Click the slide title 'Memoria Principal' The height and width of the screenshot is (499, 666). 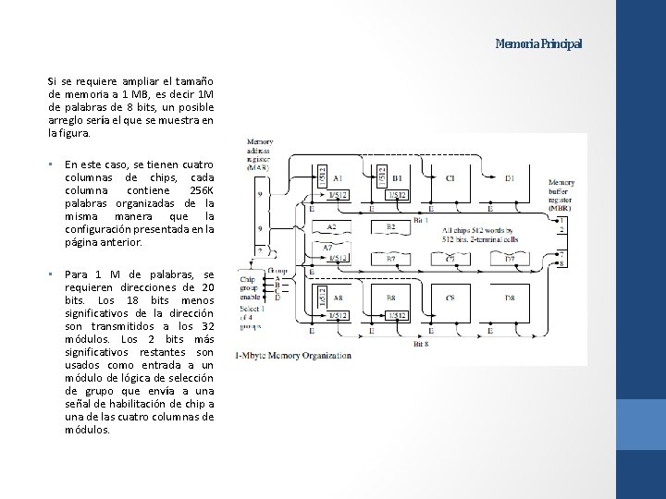(x=538, y=43)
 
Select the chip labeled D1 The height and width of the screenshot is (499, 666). (x=510, y=177)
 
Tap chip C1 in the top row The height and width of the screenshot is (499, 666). (x=450, y=177)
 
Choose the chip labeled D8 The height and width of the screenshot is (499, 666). (x=510, y=298)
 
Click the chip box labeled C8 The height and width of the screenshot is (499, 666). (x=450, y=298)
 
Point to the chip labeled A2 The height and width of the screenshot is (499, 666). (x=331, y=226)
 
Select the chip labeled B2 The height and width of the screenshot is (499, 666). (x=390, y=225)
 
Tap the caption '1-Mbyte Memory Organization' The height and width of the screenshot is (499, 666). (x=293, y=355)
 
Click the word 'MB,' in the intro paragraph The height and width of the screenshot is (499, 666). (x=141, y=94)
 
